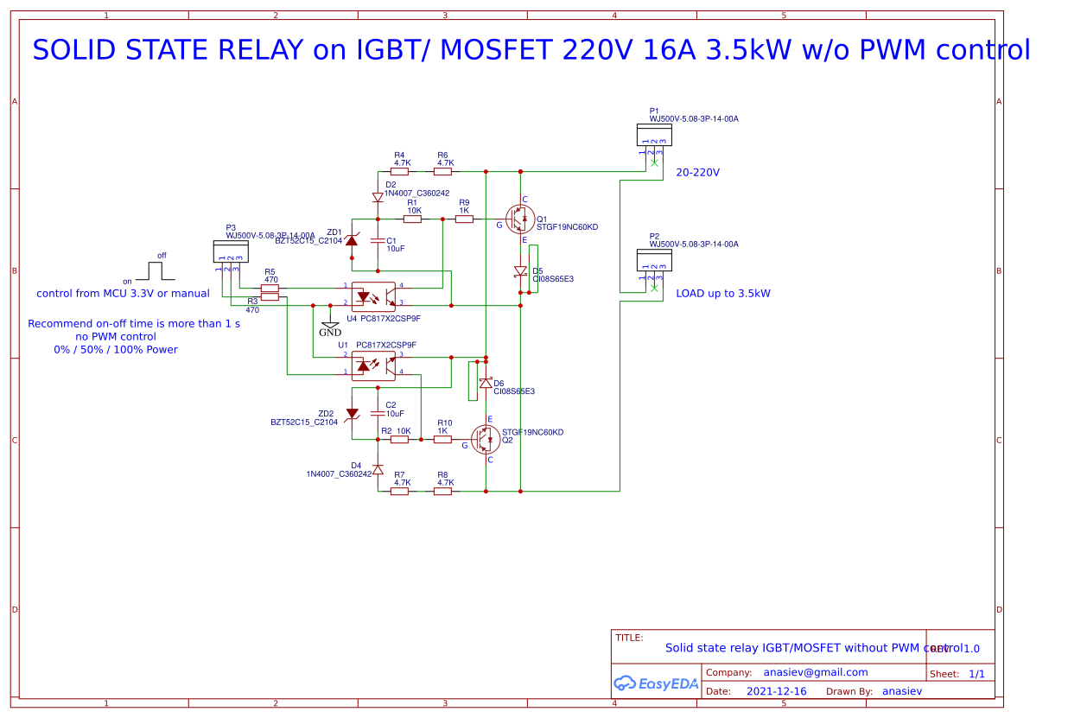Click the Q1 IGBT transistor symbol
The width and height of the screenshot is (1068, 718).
point(519,219)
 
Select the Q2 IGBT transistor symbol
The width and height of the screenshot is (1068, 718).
point(486,439)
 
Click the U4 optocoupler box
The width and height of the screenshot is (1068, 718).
point(373,296)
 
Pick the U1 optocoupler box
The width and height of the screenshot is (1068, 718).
point(373,365)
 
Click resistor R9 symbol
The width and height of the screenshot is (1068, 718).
point(464,219)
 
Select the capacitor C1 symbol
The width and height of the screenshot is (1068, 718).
point(378,239)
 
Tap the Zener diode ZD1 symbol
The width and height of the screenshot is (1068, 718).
point(352,239)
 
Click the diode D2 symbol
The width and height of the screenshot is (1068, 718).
point(378,197)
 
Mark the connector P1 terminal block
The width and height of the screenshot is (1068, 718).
point(654,135)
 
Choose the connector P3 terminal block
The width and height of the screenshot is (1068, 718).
point(231,251)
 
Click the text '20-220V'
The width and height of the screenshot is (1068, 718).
point(697,173)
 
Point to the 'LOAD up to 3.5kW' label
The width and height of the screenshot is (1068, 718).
point(723,294)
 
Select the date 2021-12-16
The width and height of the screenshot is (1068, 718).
point(776,691)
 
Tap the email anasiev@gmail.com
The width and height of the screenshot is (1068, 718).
point(815,672)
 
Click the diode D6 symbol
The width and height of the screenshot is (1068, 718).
point(486,382)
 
